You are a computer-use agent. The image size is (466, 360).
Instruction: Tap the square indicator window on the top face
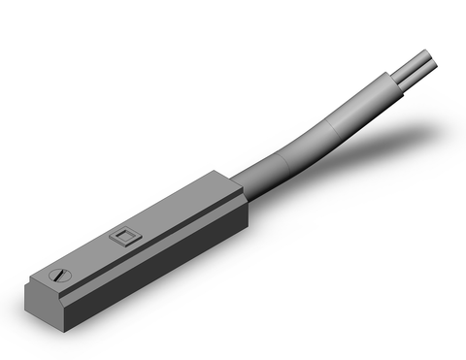(x=122, y=235)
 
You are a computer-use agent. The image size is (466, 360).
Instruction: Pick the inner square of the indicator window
(x=122, y=235)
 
